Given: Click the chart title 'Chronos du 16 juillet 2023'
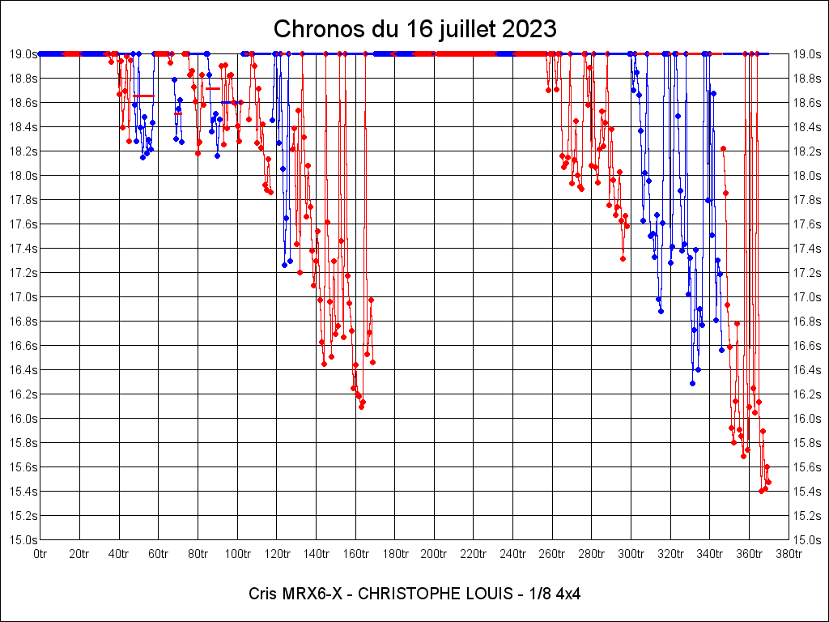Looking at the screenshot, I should tap(414, 29).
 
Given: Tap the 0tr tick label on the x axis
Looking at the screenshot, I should tap(40, 555).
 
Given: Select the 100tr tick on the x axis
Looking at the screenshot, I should tap(237, 555).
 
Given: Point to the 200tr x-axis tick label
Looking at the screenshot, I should tap(434, 555).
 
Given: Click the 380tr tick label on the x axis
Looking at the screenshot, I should tap(789, 555).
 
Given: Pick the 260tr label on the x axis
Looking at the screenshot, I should tap(552, 555).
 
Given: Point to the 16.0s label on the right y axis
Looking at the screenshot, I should tap(807, 419).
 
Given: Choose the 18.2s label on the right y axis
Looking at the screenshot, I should tap(807, 151).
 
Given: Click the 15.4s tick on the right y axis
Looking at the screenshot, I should tap(807, 492).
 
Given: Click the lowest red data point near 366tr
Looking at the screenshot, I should tap(761, 491).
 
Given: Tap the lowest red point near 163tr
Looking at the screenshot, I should tap(361, 407).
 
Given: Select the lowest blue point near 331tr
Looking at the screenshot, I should tap(692, 383).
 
